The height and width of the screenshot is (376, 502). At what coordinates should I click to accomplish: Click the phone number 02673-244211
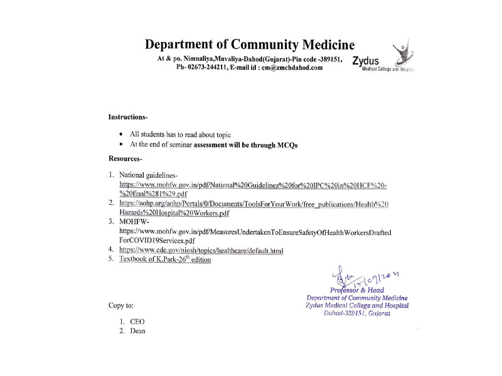(x=211, y=68)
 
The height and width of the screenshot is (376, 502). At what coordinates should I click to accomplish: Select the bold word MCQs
(x=284, y=145)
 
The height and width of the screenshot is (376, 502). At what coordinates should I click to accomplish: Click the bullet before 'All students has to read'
(x=121, y=134)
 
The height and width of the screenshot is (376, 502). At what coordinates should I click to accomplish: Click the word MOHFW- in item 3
(x=133, y=222)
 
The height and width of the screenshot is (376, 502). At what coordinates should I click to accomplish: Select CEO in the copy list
(x=137, y=321)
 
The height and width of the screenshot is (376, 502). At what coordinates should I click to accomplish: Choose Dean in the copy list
(x=137, y=331)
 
